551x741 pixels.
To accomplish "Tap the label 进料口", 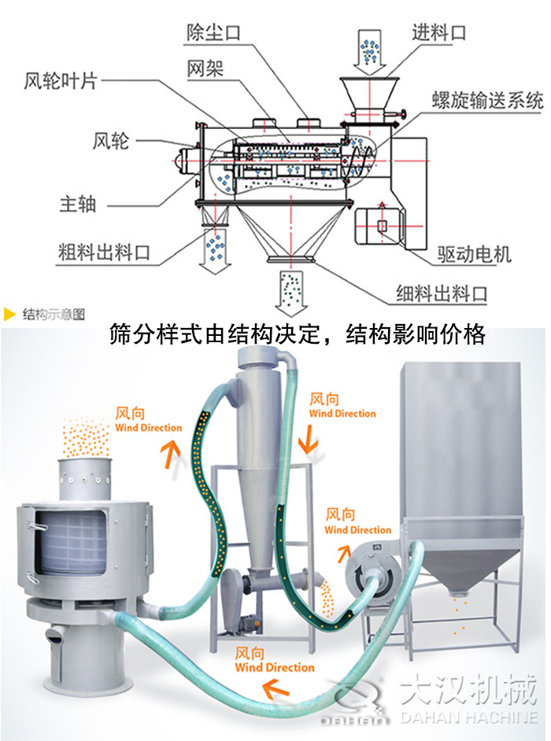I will (439, 32).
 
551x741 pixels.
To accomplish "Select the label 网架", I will (205, 68).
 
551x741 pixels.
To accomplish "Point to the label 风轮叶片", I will (61, 81).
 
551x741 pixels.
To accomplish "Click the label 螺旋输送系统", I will (488, 101).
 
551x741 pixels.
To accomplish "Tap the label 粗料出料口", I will (104, 253).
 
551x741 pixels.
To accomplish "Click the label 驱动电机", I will (474, 254).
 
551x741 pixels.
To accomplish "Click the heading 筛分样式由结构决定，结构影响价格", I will (297, 335).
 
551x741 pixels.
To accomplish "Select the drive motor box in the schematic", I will (382, 226).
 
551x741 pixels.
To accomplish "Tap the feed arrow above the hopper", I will (368, 51).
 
